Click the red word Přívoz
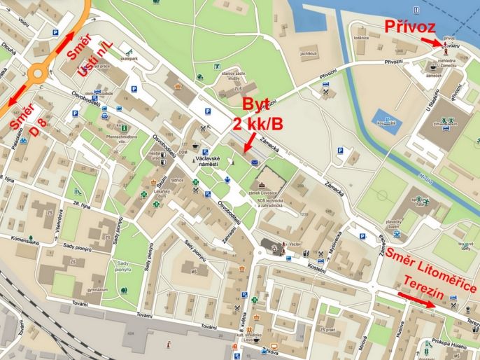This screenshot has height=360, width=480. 411,27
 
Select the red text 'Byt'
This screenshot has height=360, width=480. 255,106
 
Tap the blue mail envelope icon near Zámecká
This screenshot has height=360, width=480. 255,162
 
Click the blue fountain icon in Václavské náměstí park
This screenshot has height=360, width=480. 226,180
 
